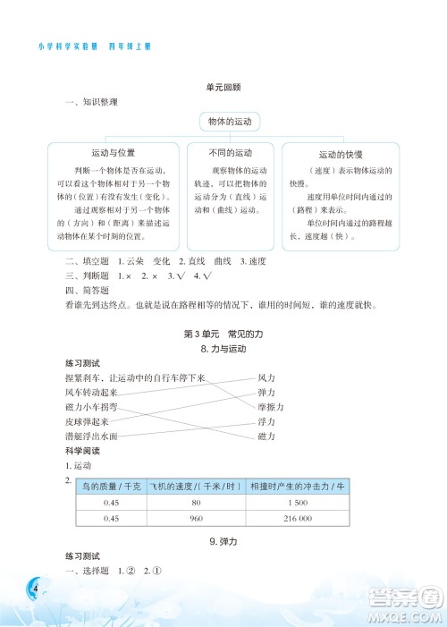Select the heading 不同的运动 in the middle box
pyautogui.click(x=231, y=151)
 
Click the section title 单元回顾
pyautogui.click(x=223, y=87)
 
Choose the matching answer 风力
pyautogui.click(x=266, y=378)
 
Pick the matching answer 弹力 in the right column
pyautogui.click(x=266, y=393)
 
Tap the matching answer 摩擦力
pyautogui.click(x=270, y=407)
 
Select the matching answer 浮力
pyautogui.click(x=266, y=421)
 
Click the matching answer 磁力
pyautogui.click(x=266, y=436)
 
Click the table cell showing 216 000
pyautogui.click(x=299, y=519)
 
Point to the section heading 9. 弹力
pyautogui.click(x=223, y=542)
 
